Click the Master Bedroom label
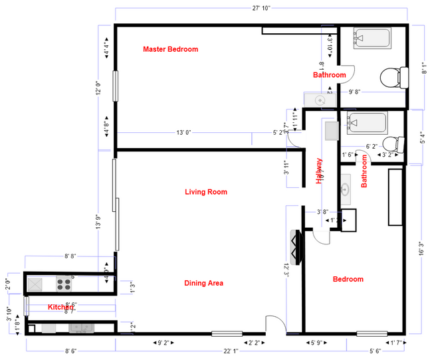(x=171, y=49)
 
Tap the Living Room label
(x=205, y=192)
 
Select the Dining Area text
(x=203, y=283)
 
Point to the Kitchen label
(x=60, y=307)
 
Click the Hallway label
(x=319, y=170)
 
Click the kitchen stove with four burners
(x=64, y=284)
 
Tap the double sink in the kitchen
(x=82, y=327)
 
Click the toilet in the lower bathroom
(x=395, y=143)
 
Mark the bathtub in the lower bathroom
(x=366, y=124)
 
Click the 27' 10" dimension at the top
(x=260, y=8)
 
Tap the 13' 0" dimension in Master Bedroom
(x=183, y=133)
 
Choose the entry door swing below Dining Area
(x=274, y=325)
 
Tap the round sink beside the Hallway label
(x=346, y=188)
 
